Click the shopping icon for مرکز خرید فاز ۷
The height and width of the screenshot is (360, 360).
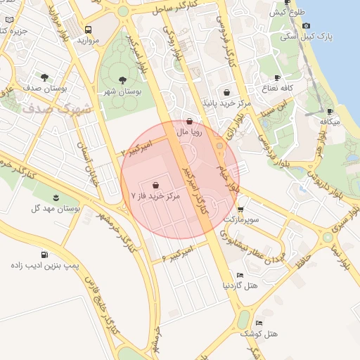pyautogui.click(x=155, y=186)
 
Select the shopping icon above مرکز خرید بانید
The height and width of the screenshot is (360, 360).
pyautogui.click(x=226, y=92)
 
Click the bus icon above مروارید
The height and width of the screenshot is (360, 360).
pyautogui.click(x=89, y=30)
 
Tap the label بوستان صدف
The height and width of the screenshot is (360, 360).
pyautogui.click(x=45, y=89)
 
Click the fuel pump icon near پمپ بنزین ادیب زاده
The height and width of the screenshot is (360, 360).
pyautogui.click(x=45, y=255)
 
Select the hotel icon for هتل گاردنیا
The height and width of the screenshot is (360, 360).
pyautogui.click(x=240, y=275)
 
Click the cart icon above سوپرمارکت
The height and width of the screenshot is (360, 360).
pyautogui.click(x=240, y=209)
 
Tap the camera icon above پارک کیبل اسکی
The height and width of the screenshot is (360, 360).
pyautogui.click(x=306, y=26)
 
